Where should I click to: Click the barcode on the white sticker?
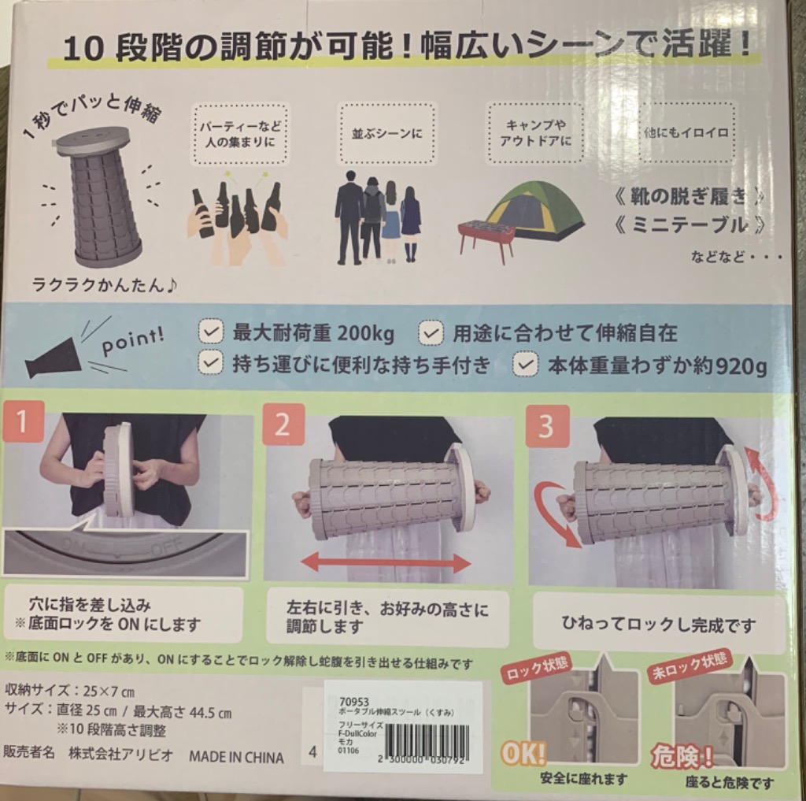coord(429,740)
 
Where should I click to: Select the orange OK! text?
coord(523,755)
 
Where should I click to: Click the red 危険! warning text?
coord(682,755)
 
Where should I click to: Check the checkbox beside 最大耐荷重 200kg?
coord(211,332)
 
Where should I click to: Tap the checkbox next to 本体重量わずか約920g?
coord(526,365)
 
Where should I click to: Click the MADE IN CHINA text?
coord(236,758)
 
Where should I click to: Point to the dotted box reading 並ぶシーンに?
coord(386,133)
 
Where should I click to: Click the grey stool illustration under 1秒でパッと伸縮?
coord(98,197)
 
